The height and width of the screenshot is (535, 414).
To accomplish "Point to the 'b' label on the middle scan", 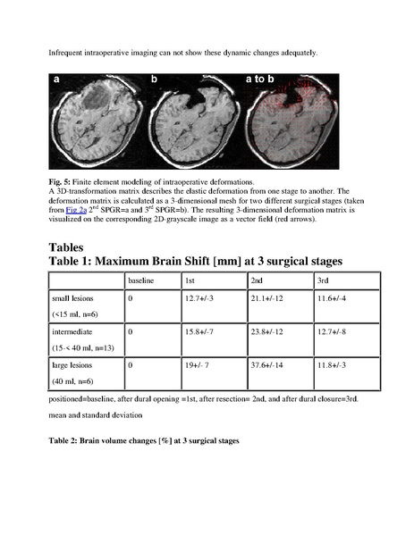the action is click(x=154, y=80).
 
